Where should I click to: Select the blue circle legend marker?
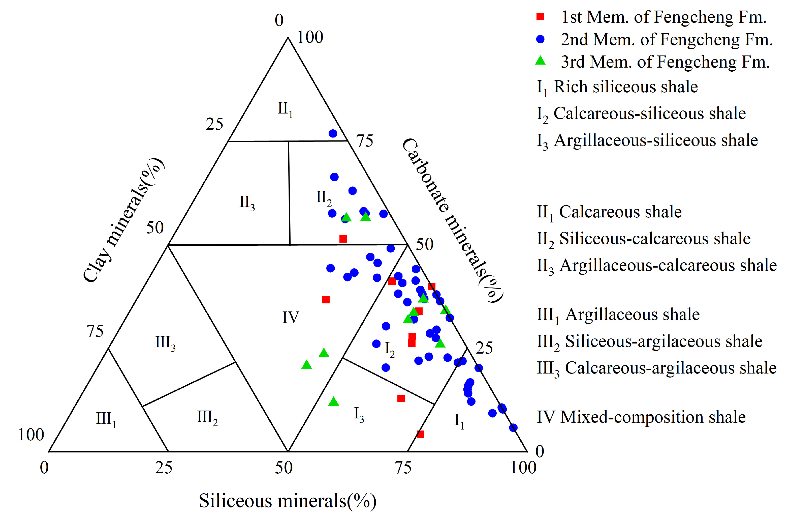pos(540,39)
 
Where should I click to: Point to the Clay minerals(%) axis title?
pos(123,220)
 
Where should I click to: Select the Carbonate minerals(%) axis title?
pos(453,220)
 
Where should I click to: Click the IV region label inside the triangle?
pos(290,318)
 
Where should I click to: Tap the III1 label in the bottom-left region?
pos(106,419)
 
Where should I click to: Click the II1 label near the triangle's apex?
pos(285,109)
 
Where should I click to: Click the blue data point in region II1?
pos(332,133)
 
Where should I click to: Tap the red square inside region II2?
pos(343,239)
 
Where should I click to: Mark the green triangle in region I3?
pos(334,402)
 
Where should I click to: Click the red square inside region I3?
pos(401,398)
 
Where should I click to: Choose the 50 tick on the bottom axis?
pos(283,468)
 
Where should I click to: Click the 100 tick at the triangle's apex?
pos(310,37)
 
